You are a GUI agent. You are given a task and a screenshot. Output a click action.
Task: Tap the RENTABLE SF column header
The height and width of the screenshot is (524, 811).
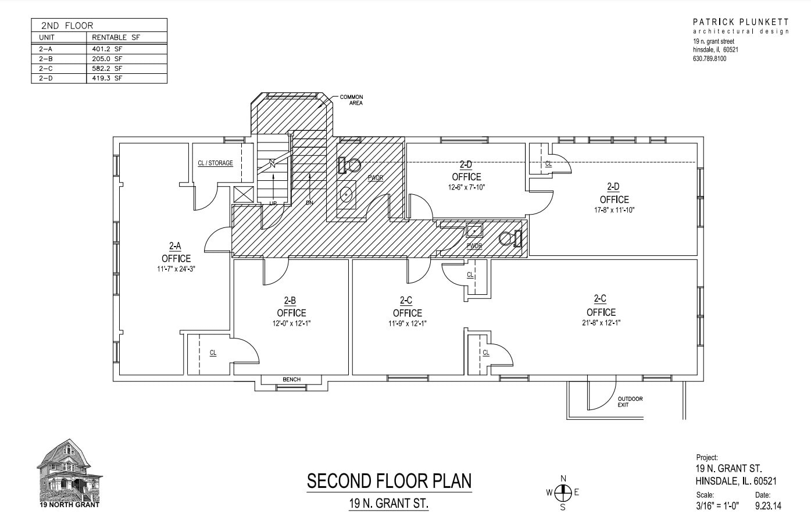[x=116, y=37]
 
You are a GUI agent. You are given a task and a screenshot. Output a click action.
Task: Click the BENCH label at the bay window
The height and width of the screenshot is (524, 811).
[x=291, y=380]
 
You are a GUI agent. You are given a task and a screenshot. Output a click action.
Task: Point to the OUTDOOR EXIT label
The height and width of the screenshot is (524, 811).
[x=630, y=401]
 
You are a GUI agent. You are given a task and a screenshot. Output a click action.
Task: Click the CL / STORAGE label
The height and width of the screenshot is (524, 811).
[x=215, y=163]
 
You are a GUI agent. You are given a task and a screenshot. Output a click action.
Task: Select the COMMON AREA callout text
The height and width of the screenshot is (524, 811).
[x=351, y=100]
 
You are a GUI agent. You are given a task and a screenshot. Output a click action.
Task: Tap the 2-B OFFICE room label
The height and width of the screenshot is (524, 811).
[x=291, y=306]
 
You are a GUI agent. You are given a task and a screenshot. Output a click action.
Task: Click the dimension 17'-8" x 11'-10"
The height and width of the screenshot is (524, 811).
[x=614, y=210]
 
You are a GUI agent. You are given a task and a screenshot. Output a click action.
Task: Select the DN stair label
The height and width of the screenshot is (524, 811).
[x=309, y=203]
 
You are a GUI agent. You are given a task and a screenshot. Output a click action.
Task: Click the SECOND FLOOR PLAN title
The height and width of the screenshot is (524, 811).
[x=389, y=482]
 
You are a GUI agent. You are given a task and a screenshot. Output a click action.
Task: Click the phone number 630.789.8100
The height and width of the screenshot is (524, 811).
[x=709, y=59]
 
